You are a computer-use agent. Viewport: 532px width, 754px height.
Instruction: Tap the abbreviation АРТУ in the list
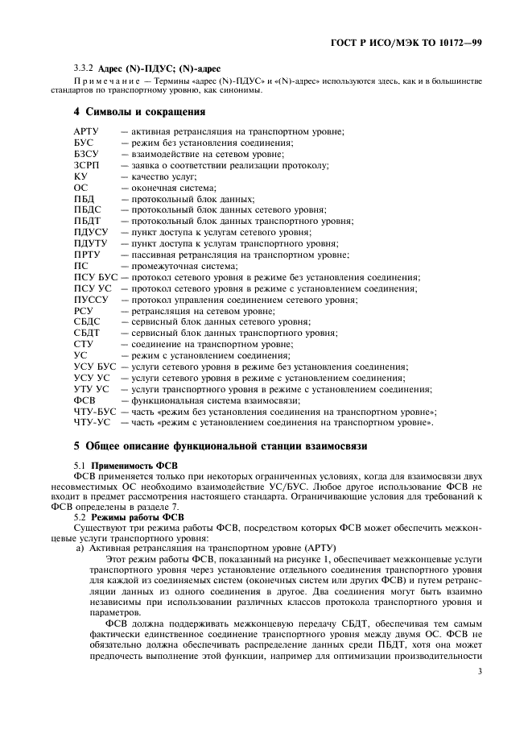point(87,131)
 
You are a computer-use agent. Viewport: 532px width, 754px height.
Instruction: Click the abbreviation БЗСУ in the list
point(87,154)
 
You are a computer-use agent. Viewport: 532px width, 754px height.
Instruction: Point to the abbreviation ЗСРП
point(87,165)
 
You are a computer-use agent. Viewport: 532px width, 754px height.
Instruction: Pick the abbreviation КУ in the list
point(80,176)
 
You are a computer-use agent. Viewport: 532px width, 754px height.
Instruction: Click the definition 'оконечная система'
point(168,188)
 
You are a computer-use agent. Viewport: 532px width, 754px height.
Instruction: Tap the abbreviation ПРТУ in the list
point(87,255)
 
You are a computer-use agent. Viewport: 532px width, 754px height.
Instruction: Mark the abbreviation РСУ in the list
point(84,311)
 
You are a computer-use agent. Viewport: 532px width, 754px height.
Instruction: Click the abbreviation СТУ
point(84,344)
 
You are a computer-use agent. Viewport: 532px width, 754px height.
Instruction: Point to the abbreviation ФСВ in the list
point(85,400)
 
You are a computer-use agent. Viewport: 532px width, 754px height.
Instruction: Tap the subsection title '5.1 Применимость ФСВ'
point(126,466)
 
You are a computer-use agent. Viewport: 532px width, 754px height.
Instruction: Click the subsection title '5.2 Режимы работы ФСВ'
point(129,517)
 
